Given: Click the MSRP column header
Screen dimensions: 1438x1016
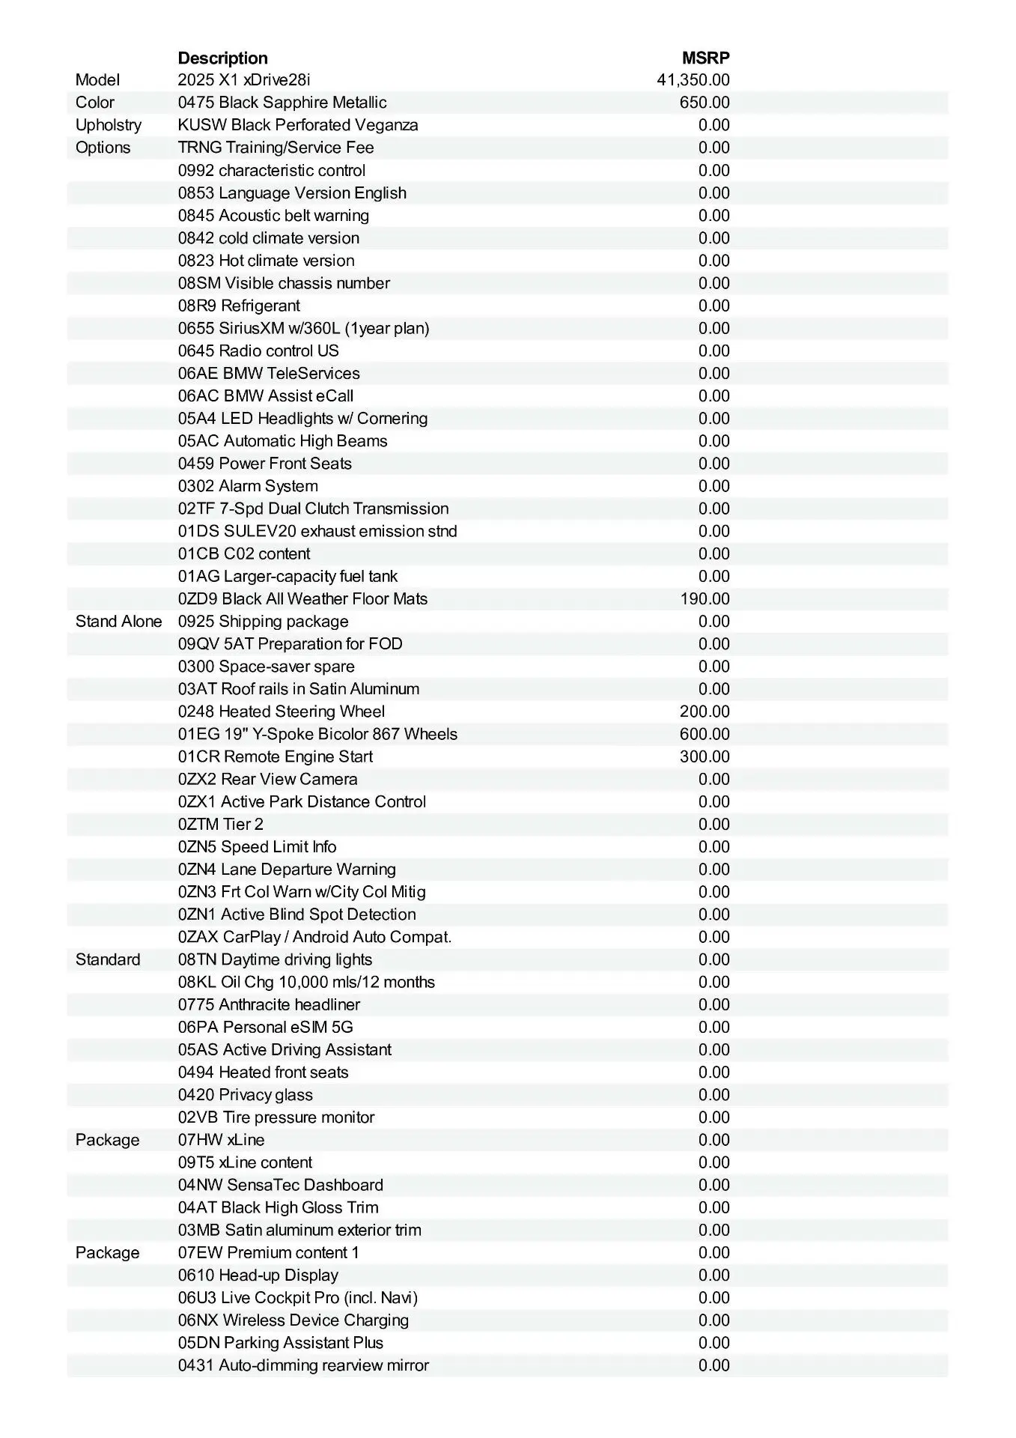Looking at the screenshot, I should click(705, 58).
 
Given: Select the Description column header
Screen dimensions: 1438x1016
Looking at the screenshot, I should click(222, 58).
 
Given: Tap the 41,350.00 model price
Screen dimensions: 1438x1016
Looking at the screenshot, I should click(693, 80).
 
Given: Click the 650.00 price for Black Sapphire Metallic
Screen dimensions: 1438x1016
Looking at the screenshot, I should click(704, 103).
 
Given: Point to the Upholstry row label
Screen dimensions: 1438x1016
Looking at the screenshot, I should click(109, 125).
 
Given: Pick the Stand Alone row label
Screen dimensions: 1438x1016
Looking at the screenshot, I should click(118, 622).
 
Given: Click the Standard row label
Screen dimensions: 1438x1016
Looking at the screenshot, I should click(108, 960).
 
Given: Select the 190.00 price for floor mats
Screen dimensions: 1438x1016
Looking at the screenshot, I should click(704, 599).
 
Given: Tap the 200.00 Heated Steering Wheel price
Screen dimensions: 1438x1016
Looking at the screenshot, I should click(704, 712).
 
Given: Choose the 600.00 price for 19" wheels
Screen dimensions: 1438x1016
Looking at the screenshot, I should click(704, 734).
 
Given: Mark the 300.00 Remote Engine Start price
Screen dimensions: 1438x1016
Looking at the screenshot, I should click(704, 756).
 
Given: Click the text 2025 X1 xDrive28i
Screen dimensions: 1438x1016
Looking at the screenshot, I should click(244, 80).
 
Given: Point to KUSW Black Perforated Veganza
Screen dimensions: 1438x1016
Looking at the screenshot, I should click(298, 125).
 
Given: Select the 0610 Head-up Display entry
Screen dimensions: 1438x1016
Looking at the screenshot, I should click(258, 1275).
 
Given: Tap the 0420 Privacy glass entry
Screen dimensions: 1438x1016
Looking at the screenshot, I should click(246, 1095).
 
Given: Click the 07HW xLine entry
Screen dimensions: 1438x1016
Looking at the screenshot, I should click(221, 1140).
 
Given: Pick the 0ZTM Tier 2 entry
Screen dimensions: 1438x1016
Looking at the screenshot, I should click(221, 825).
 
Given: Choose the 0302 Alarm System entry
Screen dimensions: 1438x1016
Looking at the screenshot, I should click(248, 486).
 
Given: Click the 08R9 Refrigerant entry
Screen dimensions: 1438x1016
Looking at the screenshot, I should click(239, 306).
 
